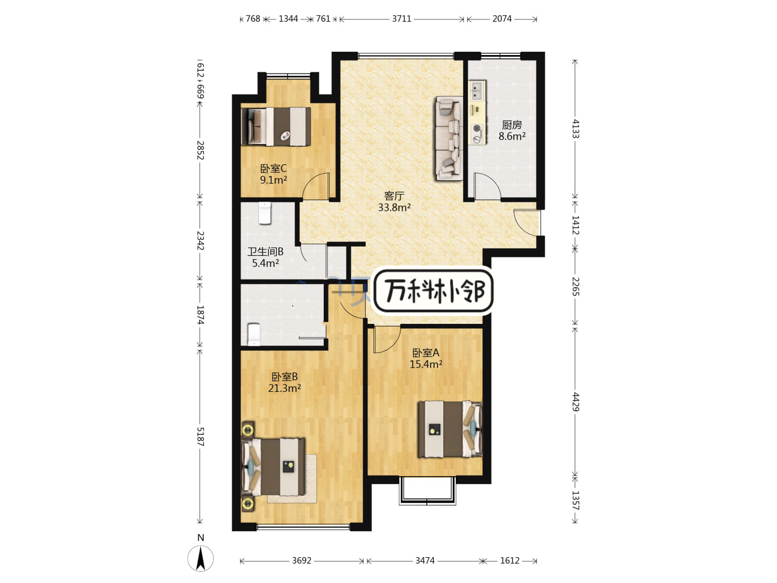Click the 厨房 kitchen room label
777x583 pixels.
[x=512, y=125]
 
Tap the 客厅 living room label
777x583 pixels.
[x=394, y=196]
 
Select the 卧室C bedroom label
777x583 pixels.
[x=273, y=168]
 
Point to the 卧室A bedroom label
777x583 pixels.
[x=426, y=352]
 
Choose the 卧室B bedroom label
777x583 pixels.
[x=284, y=377]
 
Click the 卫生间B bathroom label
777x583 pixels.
[x=265, y=252]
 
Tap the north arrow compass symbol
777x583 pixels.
[x=200, y=559]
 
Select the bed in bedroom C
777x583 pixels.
[x=276, y=127]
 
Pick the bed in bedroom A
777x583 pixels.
[x=450, y=429]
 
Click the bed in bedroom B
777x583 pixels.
[x=273, y=467]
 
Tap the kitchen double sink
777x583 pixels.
[x=478, y=90]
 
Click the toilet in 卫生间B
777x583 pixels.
[x=265, y=213]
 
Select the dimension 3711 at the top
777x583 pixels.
[x=401, y=18]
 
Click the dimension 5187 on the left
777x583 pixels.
[x=200, y=437]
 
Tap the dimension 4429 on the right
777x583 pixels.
[x=576, y=402]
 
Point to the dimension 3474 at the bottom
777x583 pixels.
[x=425, y=560]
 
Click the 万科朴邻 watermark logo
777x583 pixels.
[x=434, y=291]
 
